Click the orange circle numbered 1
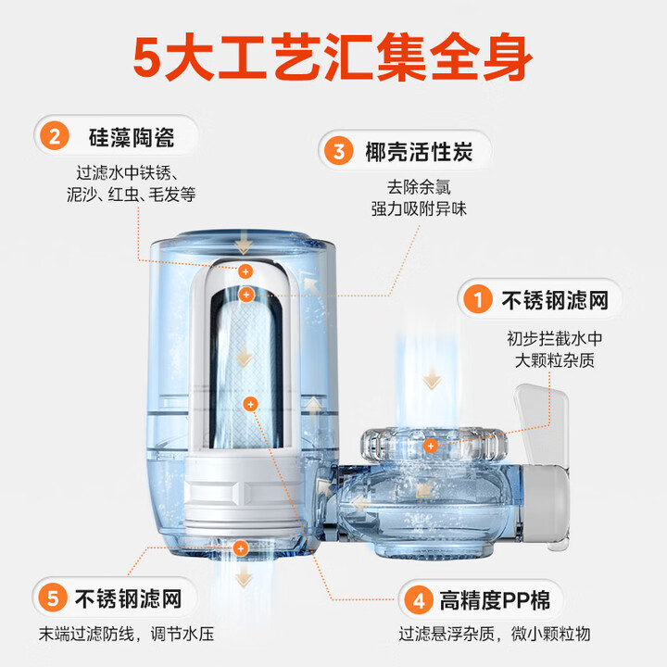(478, 299)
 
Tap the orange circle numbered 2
(55, 135)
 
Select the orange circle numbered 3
(339, 151)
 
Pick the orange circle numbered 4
(419, 599)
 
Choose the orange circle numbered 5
(53, 598)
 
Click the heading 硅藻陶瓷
(132, 137)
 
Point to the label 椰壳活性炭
(419, 151)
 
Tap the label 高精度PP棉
(495, 599)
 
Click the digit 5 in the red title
(147, 57)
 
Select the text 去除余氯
(419, 187)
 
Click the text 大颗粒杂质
(554, 360)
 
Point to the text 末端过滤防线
(87, 634)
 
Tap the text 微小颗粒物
(551, 634)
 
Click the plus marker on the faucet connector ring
(431, 446)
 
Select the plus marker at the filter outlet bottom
(240, 548)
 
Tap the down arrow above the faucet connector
(432, 378)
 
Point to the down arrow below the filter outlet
(244, 578)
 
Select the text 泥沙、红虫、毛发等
(131, 195)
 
